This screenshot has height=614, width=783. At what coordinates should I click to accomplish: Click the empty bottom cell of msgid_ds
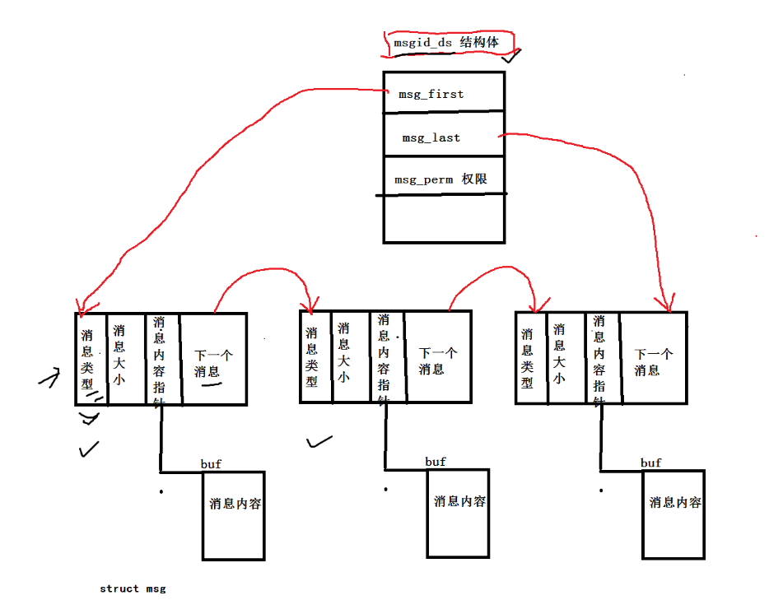tap(443, 219)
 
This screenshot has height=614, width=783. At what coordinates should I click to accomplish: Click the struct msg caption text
tap(133, 588)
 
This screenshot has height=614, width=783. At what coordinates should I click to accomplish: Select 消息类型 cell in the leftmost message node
tap(90, 359)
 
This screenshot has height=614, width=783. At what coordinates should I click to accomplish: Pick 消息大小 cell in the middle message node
tap(343, 356)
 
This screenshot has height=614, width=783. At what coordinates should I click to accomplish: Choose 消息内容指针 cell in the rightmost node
tap(603, 359)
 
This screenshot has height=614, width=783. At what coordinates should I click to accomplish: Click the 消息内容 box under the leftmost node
tap(235, 515)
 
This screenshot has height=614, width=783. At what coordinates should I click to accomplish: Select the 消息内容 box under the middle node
tap(459, 512)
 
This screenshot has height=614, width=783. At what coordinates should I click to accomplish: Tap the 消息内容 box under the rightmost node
tap(674, 514)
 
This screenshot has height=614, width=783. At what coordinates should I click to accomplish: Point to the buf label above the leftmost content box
tap(211, 464)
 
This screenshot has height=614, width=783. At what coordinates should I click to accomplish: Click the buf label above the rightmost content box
tap(650, 463)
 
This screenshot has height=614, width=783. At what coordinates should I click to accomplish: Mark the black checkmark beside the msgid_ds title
tap(512, 58)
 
